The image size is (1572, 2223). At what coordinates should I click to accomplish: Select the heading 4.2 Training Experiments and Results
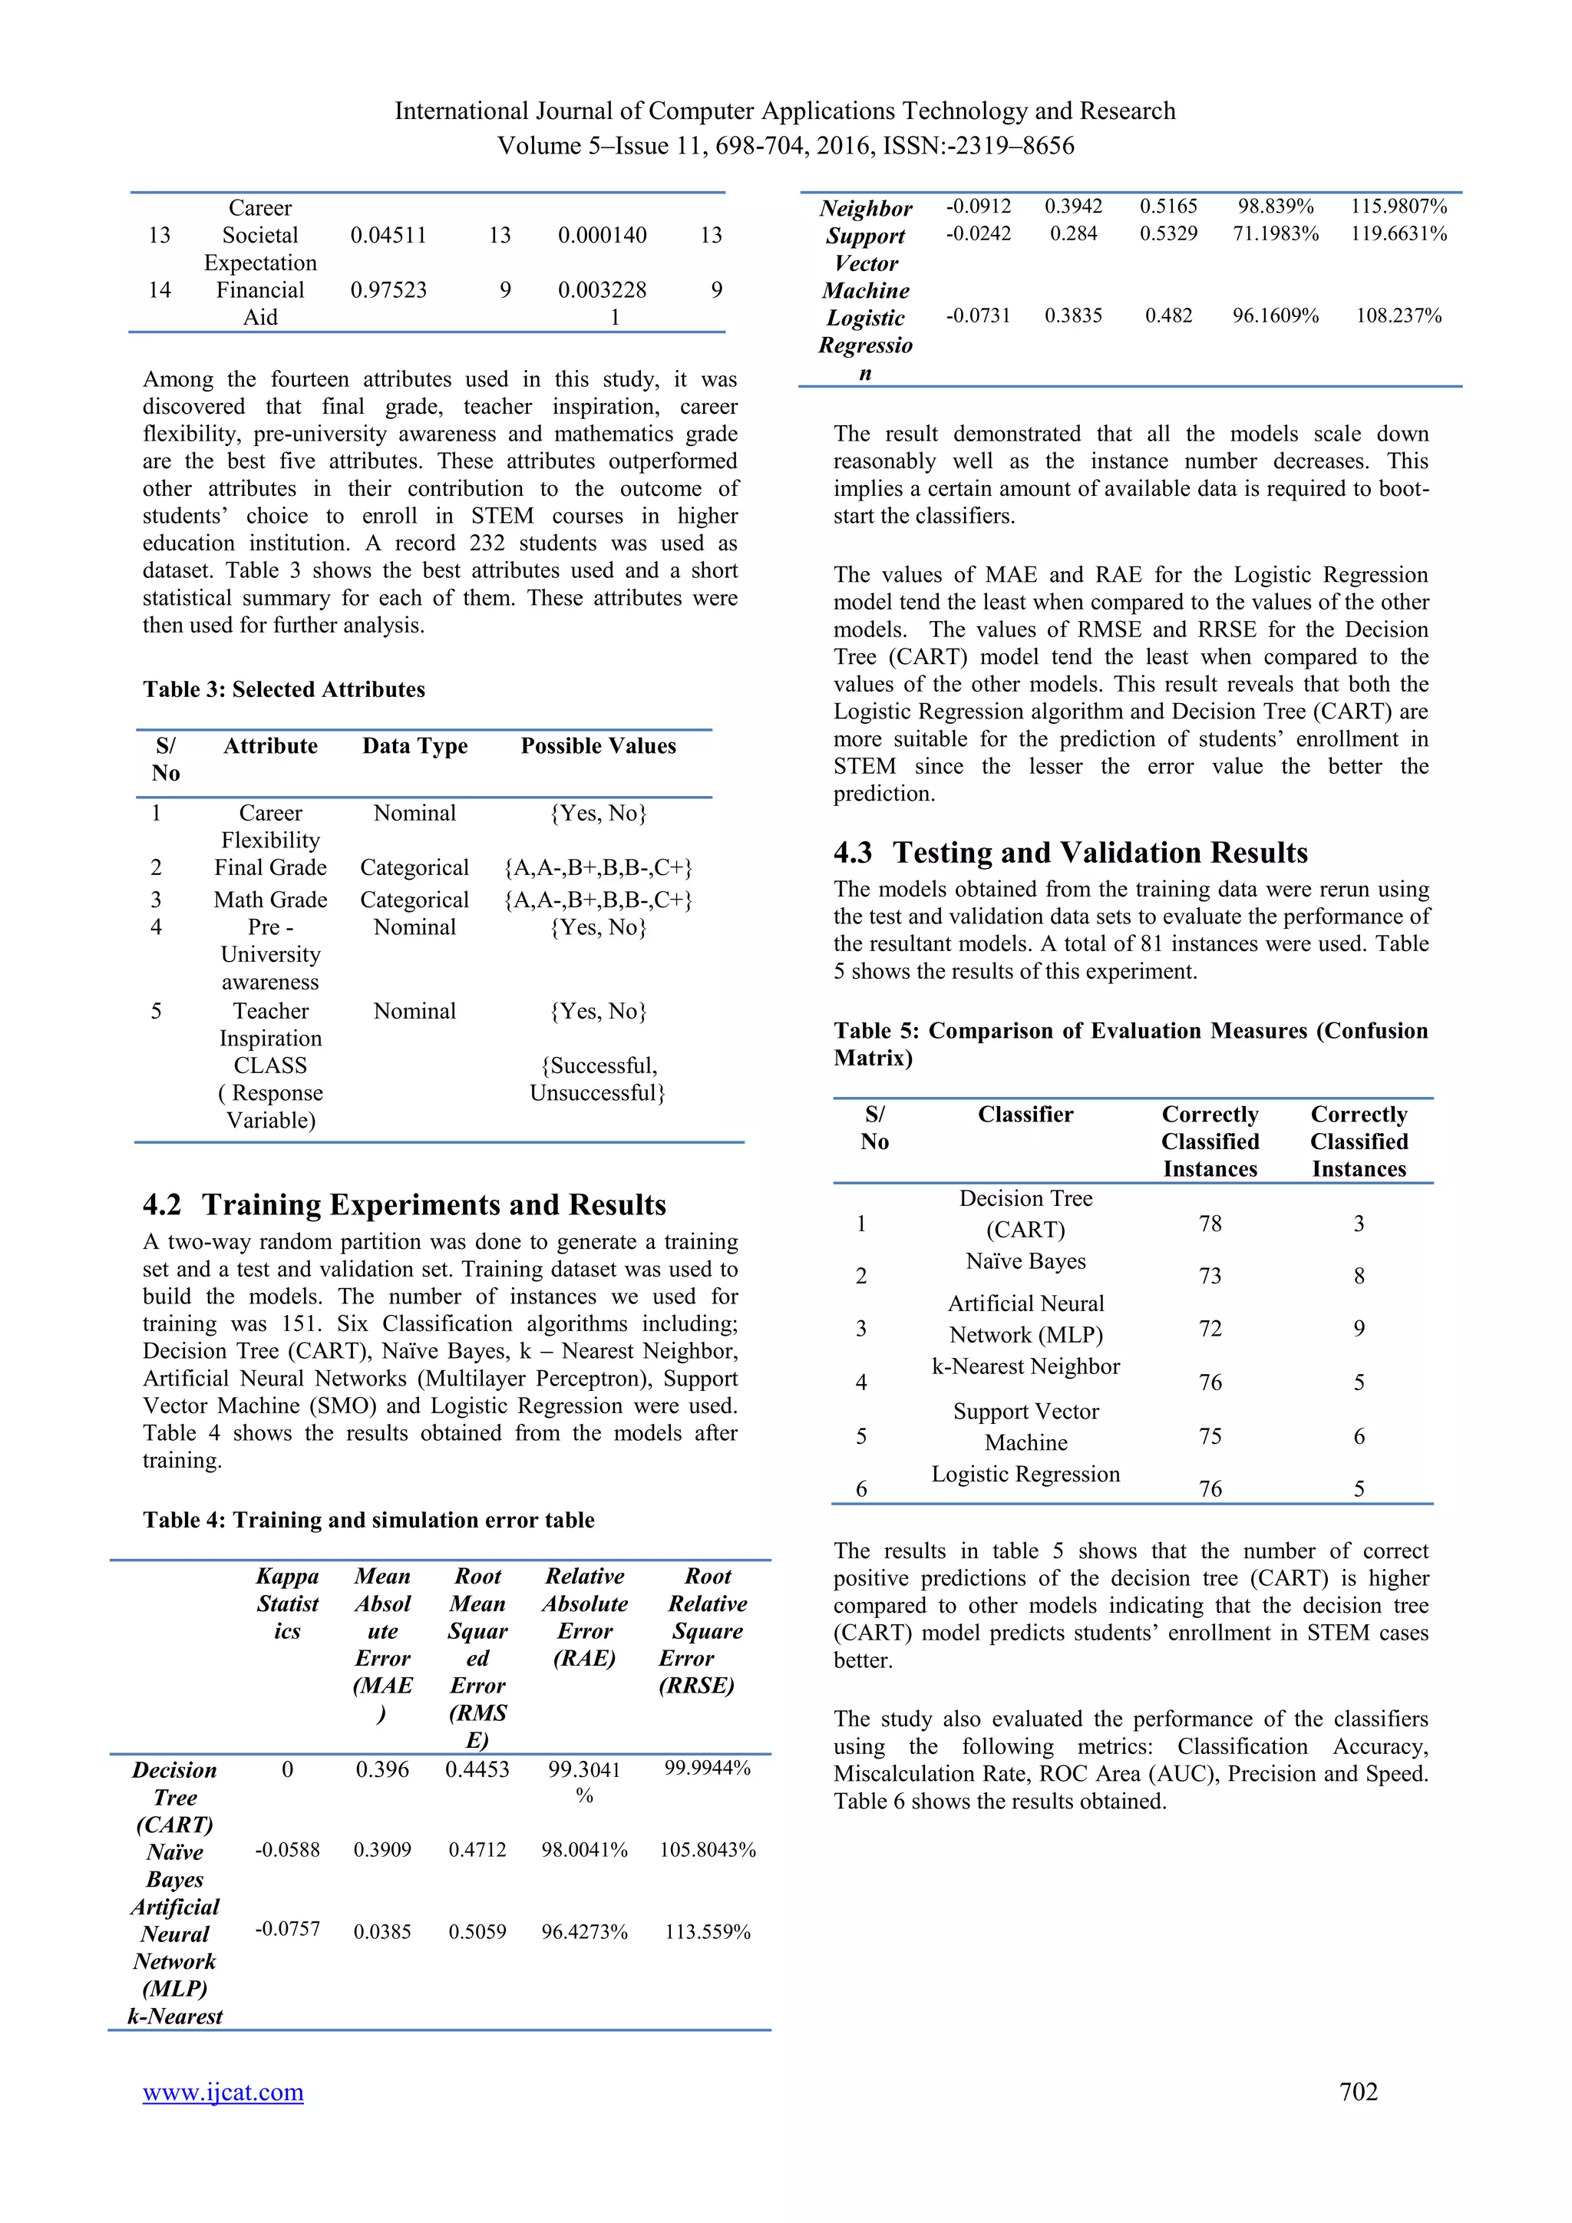(405, 1204)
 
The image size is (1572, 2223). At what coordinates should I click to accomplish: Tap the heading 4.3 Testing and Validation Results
(1071, 852)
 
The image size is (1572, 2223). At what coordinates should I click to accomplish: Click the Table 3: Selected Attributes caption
(283, 689)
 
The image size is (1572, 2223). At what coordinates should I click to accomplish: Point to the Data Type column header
(414, 745)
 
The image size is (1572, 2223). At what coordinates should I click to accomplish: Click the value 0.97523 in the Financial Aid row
(388, 289)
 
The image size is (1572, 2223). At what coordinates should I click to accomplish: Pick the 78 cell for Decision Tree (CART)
(1210, 1224)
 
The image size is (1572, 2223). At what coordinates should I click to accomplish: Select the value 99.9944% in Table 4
(708, 1768)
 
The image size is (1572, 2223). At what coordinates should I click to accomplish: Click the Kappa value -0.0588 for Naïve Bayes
(288, 1849)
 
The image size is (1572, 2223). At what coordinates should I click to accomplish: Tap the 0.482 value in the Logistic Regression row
(1168, 315)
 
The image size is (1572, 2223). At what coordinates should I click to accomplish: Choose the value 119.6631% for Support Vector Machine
(1399, 233)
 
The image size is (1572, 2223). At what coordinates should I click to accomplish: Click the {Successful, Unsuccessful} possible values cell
(598, 1078)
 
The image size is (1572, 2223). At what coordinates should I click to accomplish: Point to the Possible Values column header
(598, 745)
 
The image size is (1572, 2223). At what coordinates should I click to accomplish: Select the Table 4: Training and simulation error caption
(368, 1519)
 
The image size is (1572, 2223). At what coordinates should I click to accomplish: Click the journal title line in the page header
(785, 111)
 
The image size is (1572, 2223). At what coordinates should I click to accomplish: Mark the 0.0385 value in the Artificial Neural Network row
(382, 1931)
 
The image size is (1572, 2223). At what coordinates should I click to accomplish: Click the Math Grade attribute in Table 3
(270, 900)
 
